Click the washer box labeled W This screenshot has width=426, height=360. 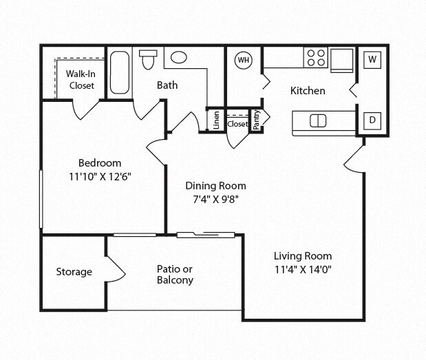372,59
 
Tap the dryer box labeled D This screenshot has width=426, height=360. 372,120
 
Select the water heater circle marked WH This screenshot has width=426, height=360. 243,60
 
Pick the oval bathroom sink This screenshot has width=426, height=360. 180,58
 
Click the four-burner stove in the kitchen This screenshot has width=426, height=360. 316,58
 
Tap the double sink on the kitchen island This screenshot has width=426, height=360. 318,121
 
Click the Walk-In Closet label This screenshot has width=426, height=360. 81,79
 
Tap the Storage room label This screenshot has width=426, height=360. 74,272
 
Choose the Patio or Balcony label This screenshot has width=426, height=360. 175,275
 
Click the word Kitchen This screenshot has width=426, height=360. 308,91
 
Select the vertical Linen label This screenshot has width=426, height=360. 216,120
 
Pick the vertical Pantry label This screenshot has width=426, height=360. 257,120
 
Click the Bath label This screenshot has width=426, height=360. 167,85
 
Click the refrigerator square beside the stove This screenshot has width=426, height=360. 342,59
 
